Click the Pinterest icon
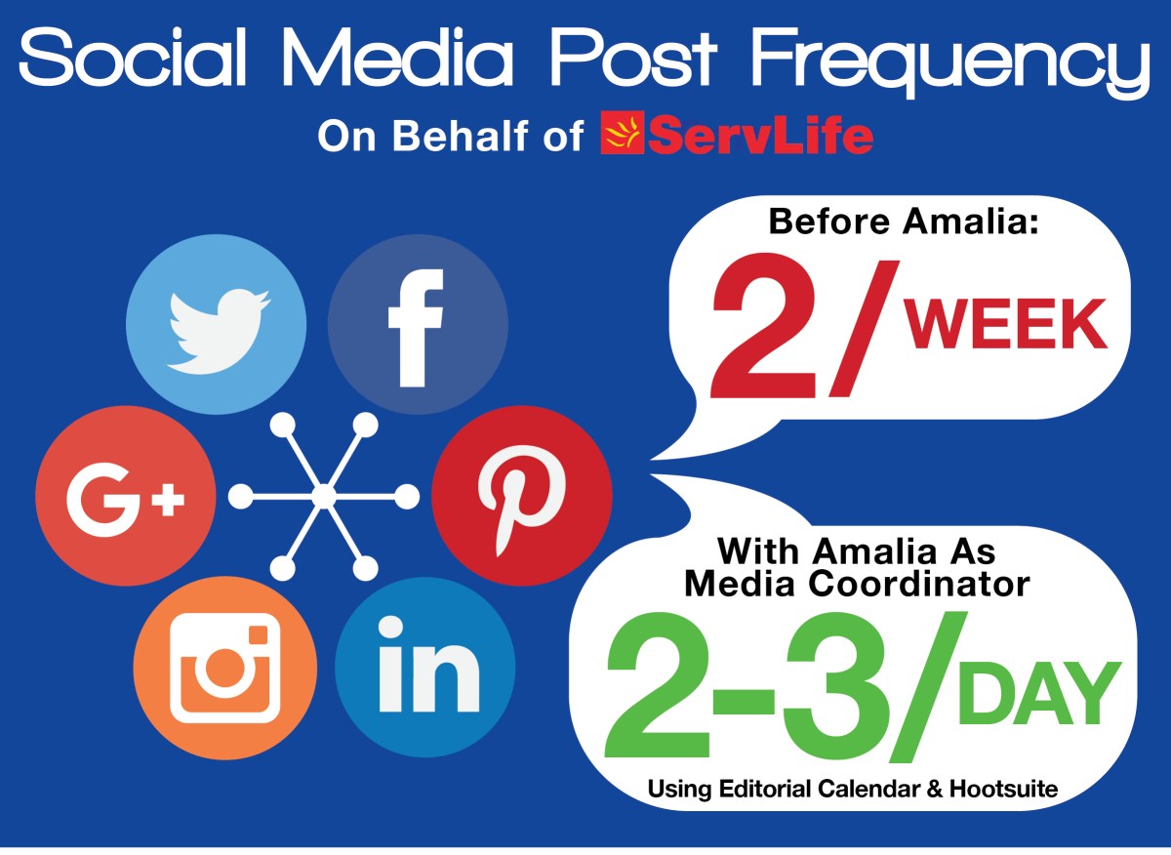pos(522,496)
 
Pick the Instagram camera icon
pos(224,669)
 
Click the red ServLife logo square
pos(623,133)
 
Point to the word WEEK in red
pos(1006,323)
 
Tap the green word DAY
pos(1040,693)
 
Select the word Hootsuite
pos(1004,788)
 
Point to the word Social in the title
pos(133,57)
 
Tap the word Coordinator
pos(919,584)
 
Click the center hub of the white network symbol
pos(324,496)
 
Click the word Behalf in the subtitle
pos(460,136)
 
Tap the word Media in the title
pos(398,57)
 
